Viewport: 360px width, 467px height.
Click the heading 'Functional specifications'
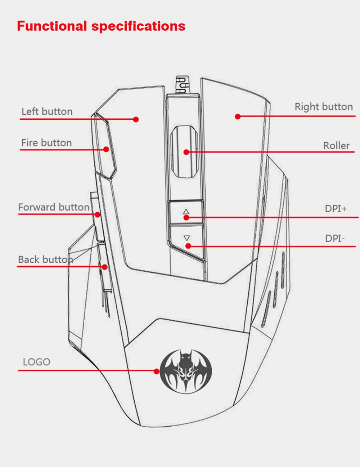pyautogui.click(x=101, y=26)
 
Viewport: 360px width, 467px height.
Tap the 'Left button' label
pyautogui.click(x=47, y=112)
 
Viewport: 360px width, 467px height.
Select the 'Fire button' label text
pyautogui.click(x=46, y=143)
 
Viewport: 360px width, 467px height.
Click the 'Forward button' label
pyautogui.click(x=54, y=207)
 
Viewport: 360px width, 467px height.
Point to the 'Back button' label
pyautogui.click(x=45, y=259)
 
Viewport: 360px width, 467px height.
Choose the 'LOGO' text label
pyautogui.click(x=36, y=362)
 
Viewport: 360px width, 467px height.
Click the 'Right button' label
pyautogui.click(x=324, y=107)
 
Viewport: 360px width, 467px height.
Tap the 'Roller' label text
pyautogui.click(x=336, y=146)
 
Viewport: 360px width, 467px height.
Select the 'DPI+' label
pyautogui.click(x=336, y=209)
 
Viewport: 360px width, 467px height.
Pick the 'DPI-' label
pyautogui.click(x=335, y=238)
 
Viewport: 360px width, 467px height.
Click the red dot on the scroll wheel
pyautogui.click(x=186, y=152)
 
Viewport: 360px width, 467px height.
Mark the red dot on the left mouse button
pyautogui.click(x=136, y=120)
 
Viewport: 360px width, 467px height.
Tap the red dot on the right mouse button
pyautogui.click(x=238, y=116)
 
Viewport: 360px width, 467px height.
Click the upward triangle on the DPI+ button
pyautogui.click(x=186, y=212)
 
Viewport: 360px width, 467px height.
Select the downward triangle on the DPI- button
pyautogui.click(x=187, y=238)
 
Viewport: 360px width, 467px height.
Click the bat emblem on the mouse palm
pyautogui.click(x=186, y=372)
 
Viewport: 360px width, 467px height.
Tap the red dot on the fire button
pyautogui.click(x=106, y=149)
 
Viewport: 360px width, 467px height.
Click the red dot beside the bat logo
pyautogui.click(x=157, y=371)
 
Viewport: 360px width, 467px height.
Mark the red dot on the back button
pyautogui.click(x=104, y=267)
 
